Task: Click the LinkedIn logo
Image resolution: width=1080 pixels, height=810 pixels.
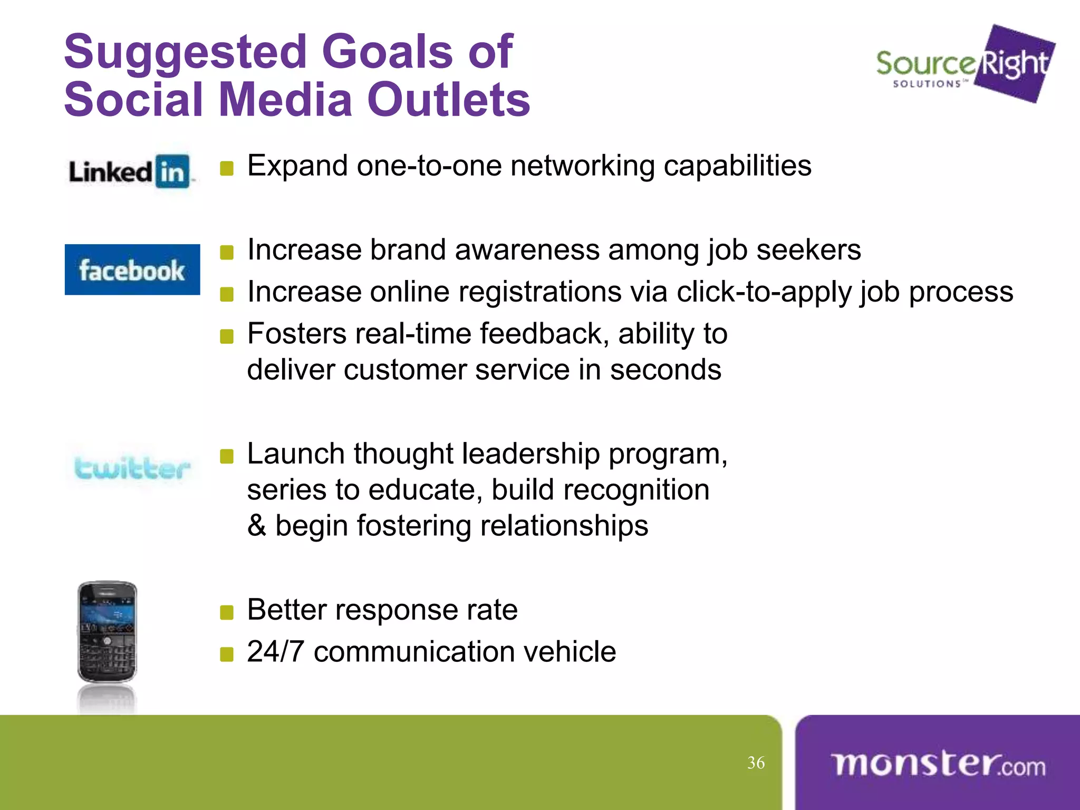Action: point(130,171)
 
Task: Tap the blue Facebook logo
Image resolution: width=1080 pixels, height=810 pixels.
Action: point(132,269)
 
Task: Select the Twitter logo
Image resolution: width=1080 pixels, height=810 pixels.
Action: point(132,469)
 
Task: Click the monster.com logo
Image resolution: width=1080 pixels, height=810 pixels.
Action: point(938,764)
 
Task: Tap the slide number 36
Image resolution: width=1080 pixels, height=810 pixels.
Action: point(756,763)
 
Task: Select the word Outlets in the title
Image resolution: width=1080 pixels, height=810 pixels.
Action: point(448,100)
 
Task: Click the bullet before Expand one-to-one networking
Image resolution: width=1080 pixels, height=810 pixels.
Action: point(227,169)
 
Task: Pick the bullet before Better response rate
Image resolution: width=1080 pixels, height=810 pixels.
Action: point(227,613)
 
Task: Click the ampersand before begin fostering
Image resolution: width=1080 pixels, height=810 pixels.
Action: point(257,526)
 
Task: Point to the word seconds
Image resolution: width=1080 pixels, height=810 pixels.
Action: point(666,369)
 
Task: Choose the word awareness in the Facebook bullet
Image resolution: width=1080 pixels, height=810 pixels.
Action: point(527,249)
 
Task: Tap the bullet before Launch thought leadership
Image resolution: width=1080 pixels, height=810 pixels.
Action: point(227,457)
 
